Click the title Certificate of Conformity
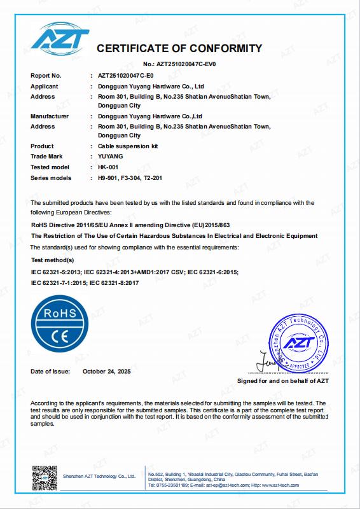point(179,48)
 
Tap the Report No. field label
point(46,76)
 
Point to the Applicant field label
point(45,86)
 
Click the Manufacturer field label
point(50,116)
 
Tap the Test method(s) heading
point(53,260)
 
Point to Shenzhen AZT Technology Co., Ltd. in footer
point(99,476)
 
